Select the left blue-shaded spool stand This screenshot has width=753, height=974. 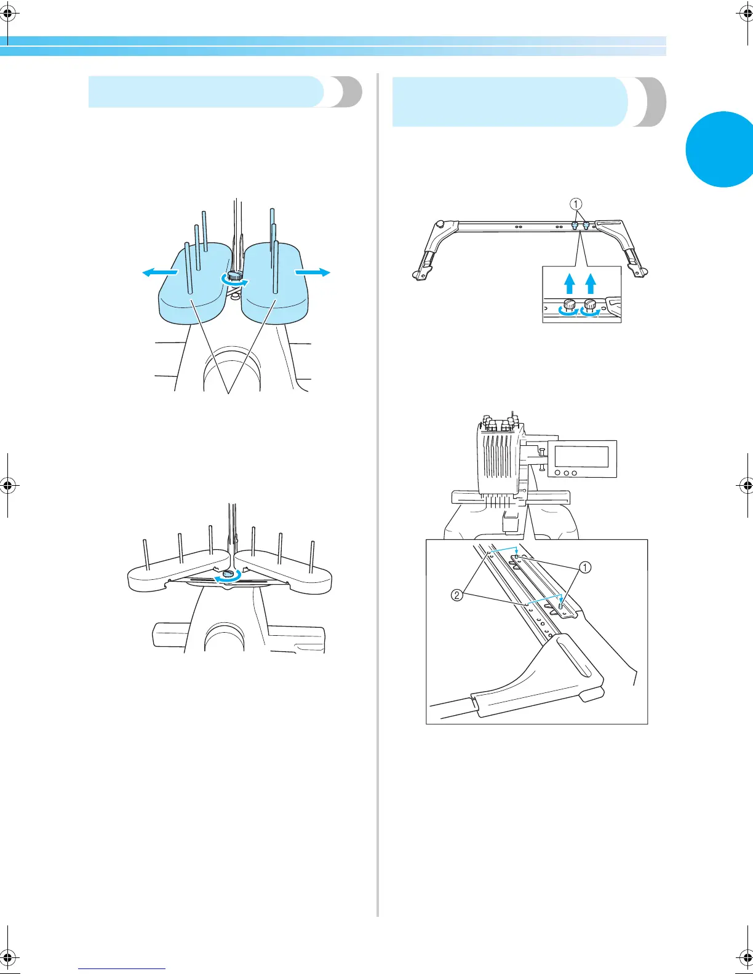[194, 286]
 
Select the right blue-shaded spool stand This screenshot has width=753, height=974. [275, 286]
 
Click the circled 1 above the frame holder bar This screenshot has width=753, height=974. [576, 204]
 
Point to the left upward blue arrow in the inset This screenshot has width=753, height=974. [570, 283]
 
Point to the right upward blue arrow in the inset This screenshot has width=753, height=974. [591, 283]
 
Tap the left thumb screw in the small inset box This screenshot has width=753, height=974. [570, 304]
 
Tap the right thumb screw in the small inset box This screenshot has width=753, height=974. [591, 304]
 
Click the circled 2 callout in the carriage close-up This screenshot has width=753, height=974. [457, 595]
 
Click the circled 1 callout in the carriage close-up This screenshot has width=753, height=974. [585, 567]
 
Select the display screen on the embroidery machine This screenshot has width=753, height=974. [581, 457]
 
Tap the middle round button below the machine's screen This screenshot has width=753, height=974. [566, 473]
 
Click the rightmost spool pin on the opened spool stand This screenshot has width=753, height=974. [313, 557]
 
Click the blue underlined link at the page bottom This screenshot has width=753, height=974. [122, 968]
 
